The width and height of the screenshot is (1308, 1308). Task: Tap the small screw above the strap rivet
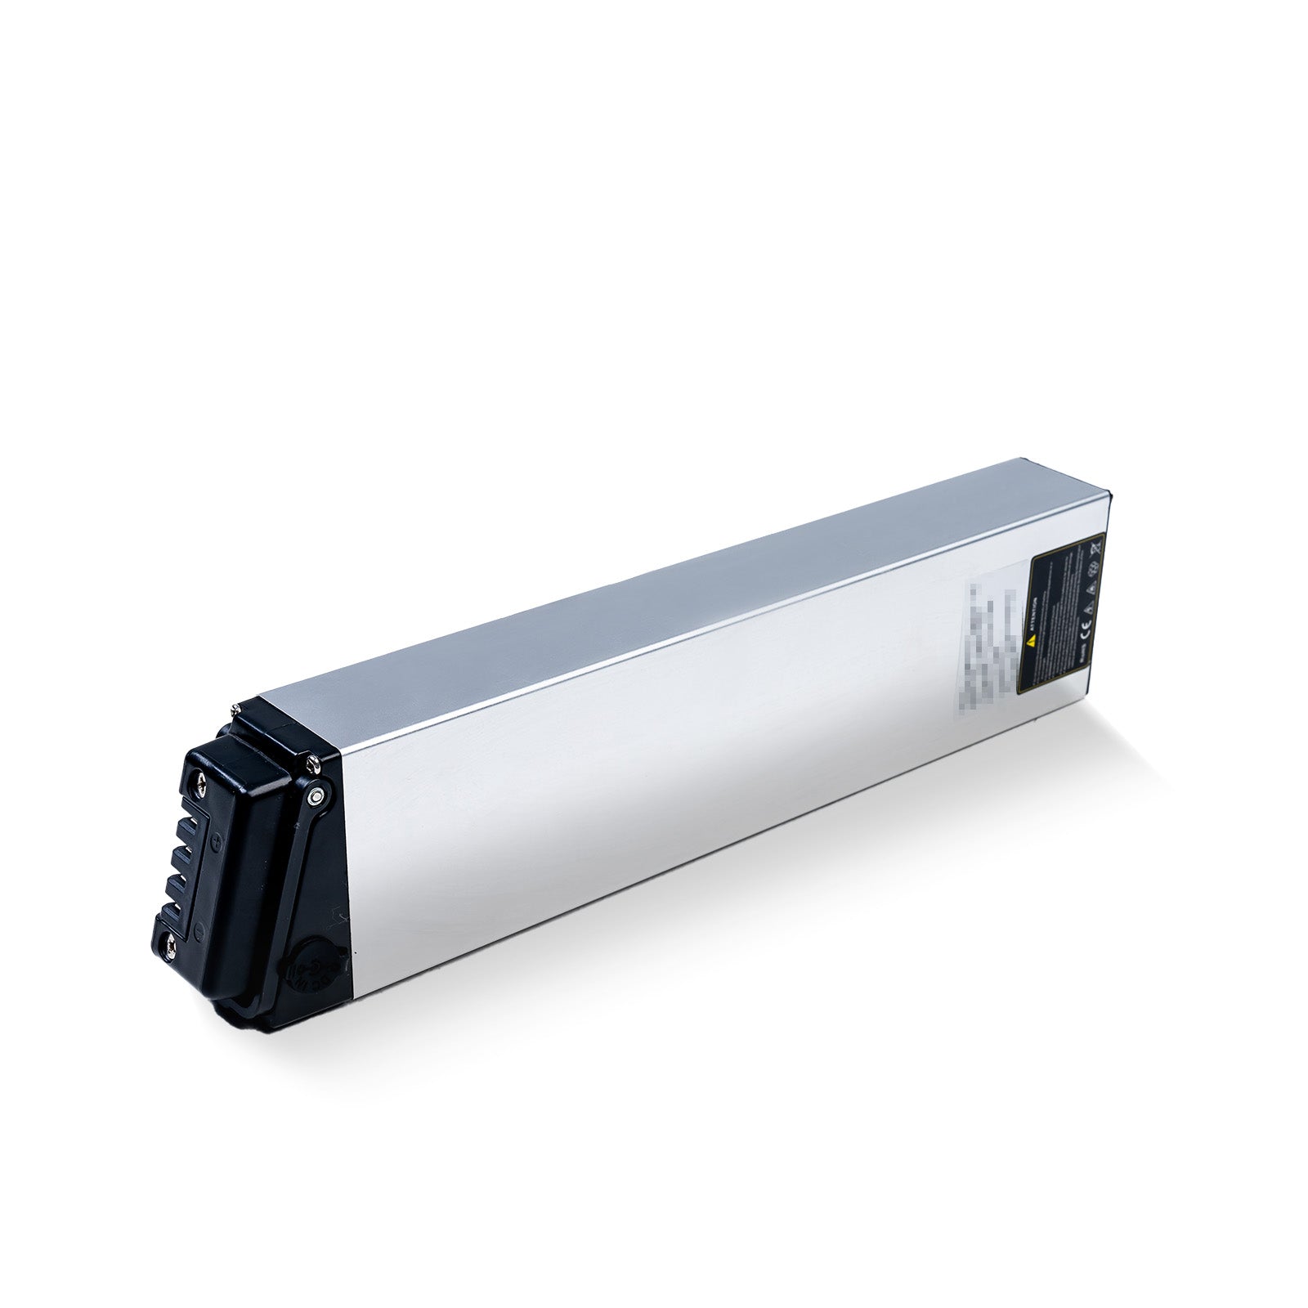[x=313, y=764]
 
